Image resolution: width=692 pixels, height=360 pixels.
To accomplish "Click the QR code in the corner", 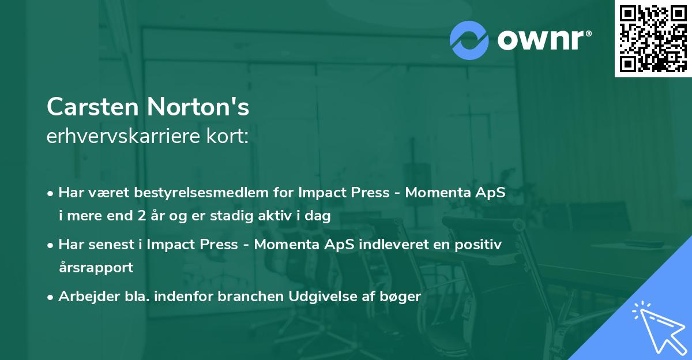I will [x=653, y=39].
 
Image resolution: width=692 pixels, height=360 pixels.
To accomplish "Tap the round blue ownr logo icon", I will [x=469, y=40].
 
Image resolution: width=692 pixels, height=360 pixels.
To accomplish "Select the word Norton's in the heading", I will [x=198, y=107].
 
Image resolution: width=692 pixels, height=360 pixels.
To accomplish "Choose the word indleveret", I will [x=394, y=244].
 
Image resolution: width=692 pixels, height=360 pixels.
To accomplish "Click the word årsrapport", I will [x=96, y=267].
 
